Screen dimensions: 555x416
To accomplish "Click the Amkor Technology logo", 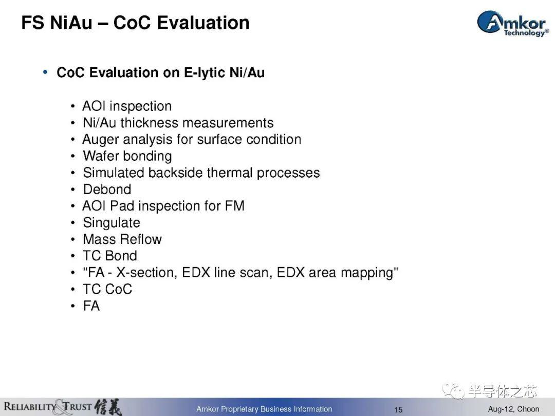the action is click(x=513, y=23).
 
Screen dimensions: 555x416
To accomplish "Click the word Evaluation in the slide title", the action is click(x=203, y=23).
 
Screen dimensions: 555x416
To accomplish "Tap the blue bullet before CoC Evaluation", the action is click(x=45, y=72).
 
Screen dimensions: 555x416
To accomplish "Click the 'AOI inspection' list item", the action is click(x=127, y=106).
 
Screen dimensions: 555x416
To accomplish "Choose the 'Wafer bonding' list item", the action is click(x=127, y=156).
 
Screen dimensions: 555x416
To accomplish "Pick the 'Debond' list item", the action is click(x=107, y=189).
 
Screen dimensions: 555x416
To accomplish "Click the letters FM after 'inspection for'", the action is click(x=235, y=206).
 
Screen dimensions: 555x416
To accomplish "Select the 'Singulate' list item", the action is click(x=112, y=223).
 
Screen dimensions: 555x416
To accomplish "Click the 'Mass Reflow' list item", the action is click(x=122, y=239).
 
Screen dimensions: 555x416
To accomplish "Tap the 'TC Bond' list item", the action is click(x=110, y=256).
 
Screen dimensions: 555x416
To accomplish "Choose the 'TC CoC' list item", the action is click(x=107, y=289).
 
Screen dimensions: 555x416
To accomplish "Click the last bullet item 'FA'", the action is click(x=91, y=306).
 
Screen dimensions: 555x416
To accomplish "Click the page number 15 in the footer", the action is click(x=398, y=410).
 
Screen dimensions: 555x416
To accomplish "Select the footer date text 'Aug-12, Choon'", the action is click(x=513, y=409).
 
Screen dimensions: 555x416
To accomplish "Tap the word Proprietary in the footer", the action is click(x=239, y=409).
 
